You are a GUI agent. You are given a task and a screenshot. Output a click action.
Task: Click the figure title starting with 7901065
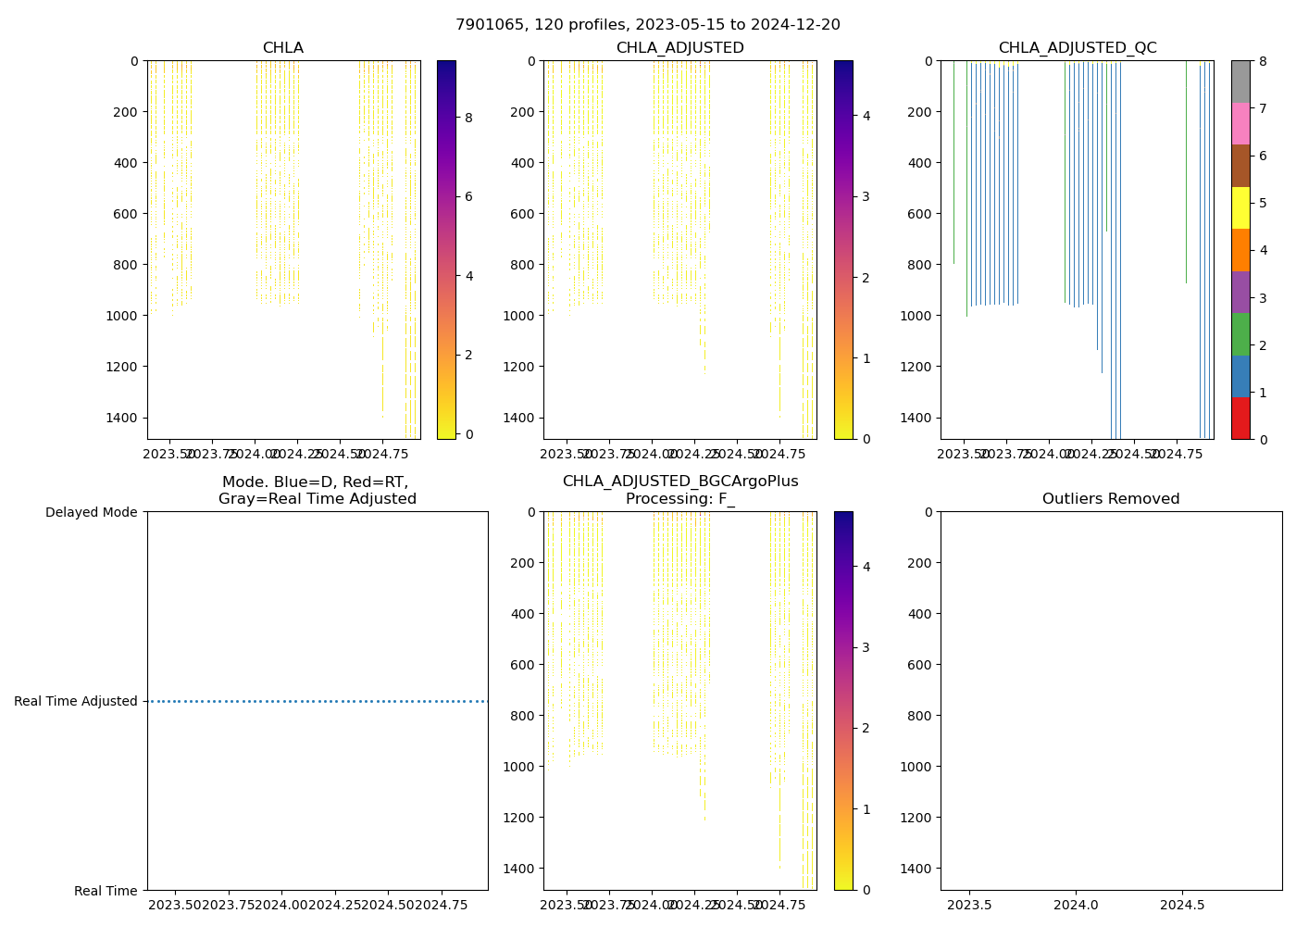(x=648, y=25)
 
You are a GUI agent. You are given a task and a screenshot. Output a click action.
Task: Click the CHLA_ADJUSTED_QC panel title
(x=1077, y=48)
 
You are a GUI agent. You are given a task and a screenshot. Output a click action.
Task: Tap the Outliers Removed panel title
(x=1111, y=499)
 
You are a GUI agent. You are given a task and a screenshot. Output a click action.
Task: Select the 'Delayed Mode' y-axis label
(x=91, y=512)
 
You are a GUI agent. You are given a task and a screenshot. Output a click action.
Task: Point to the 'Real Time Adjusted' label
(x=76, y=701)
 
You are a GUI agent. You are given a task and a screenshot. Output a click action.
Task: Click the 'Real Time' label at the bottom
(x=106, y=891)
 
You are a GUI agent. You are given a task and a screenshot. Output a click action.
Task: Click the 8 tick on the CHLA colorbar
(x=468, y=118)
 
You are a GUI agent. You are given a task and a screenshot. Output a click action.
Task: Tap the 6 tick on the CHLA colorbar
(x=468, y=196)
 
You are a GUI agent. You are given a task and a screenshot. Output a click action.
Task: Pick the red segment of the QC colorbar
(x=1240, y=419)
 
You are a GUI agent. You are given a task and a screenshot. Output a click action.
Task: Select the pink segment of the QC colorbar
(x=1240, y=123)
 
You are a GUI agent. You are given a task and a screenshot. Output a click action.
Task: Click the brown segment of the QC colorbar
(x=1240, y=166)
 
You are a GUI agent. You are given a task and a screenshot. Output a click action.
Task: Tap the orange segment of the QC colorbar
(x=1240, y=250)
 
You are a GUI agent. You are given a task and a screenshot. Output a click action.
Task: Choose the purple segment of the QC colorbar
(x=1240, y=292)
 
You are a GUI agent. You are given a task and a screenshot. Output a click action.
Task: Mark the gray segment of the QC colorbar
(x=1240, y=81)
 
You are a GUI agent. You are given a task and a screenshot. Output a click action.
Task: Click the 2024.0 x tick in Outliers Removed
(x=1076, y=904)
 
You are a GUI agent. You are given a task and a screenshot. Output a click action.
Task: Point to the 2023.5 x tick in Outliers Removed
(x=970, y=904)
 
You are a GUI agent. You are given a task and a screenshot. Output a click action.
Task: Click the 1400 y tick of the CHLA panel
(x=124, y=418)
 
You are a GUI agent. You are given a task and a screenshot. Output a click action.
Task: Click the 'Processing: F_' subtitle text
(x=680, y=499)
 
